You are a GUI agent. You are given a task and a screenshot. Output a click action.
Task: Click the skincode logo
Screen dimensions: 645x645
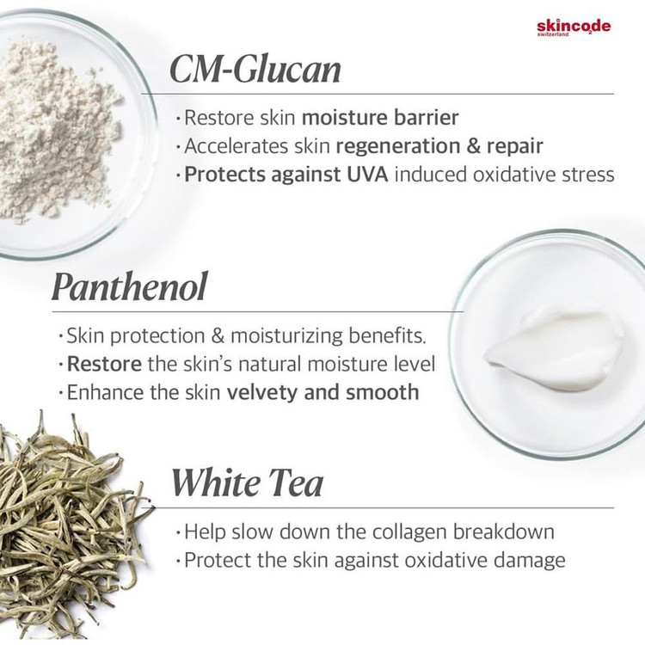point(574,28)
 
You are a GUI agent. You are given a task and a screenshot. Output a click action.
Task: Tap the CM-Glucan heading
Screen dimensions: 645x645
point(255,69)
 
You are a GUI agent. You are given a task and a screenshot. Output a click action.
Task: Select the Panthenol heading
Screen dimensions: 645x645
point(129,286)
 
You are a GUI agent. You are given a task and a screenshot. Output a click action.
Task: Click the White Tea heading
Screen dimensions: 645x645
point(247,482)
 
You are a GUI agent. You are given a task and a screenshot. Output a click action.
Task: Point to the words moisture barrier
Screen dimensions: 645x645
point(380,117)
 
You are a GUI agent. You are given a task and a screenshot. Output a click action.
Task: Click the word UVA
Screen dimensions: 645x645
point(367,174)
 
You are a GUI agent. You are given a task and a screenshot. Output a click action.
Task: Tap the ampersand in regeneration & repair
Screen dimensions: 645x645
point(473,146)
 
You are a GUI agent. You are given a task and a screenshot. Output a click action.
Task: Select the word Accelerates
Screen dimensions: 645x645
point(236,146)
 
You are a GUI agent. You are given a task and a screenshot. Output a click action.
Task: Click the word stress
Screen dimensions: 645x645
point(588,175)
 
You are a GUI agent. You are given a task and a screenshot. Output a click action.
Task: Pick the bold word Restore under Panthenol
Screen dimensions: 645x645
point(104,364)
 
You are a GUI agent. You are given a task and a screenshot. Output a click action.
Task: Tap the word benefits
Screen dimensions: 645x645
point(387,335)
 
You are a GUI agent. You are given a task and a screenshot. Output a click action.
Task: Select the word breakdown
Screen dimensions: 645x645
point(504,531)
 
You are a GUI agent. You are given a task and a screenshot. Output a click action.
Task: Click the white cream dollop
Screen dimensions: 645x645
point(553,350)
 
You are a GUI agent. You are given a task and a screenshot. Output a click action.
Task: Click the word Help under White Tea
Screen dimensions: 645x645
point(205,532)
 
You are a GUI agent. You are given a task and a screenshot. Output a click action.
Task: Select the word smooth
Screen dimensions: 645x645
point(382,392)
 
